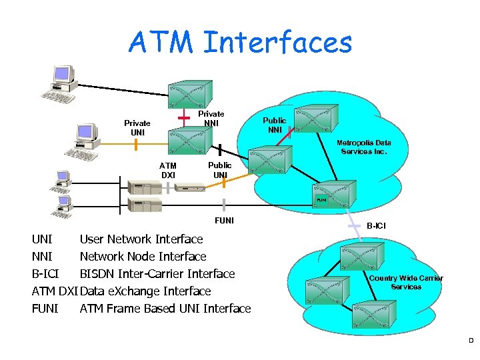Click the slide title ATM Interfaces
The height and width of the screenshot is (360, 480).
coord(240,43)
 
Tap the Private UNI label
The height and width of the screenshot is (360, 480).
coord(137,127)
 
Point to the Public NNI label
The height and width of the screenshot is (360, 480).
coord(274,125)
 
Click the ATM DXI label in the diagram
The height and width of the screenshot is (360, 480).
coord(168,170)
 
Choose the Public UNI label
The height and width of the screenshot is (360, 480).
coord(219,170)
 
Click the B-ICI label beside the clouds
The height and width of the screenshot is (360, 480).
coord(375,226)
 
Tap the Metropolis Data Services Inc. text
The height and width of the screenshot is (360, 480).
coord(364,147)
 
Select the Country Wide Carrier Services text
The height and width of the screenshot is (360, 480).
coord(405,282)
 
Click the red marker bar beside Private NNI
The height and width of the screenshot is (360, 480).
coord(182,117)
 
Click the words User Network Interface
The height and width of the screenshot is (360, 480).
coord(141,239)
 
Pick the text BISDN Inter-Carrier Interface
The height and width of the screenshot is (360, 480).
coord(157,273)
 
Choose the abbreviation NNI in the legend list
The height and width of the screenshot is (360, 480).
coord(42,256)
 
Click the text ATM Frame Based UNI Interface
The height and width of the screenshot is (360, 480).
coord(165,308)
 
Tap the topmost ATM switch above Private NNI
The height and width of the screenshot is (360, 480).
coord(190,94)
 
